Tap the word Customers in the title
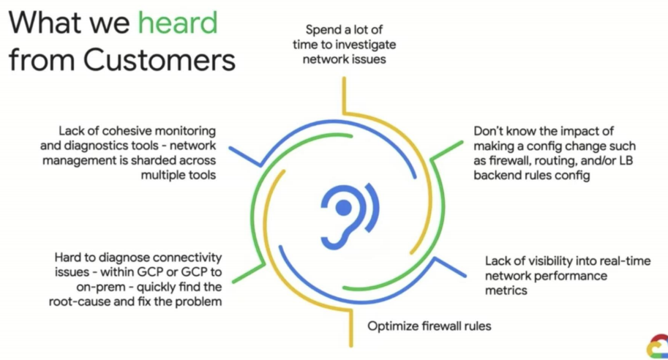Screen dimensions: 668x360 159,60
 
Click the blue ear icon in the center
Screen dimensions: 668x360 350,216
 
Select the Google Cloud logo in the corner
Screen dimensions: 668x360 658,346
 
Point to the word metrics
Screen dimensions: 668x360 506,290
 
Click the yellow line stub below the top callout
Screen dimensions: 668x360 344,95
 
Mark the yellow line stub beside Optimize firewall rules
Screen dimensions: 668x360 351,328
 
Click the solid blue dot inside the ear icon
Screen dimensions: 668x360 343,208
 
